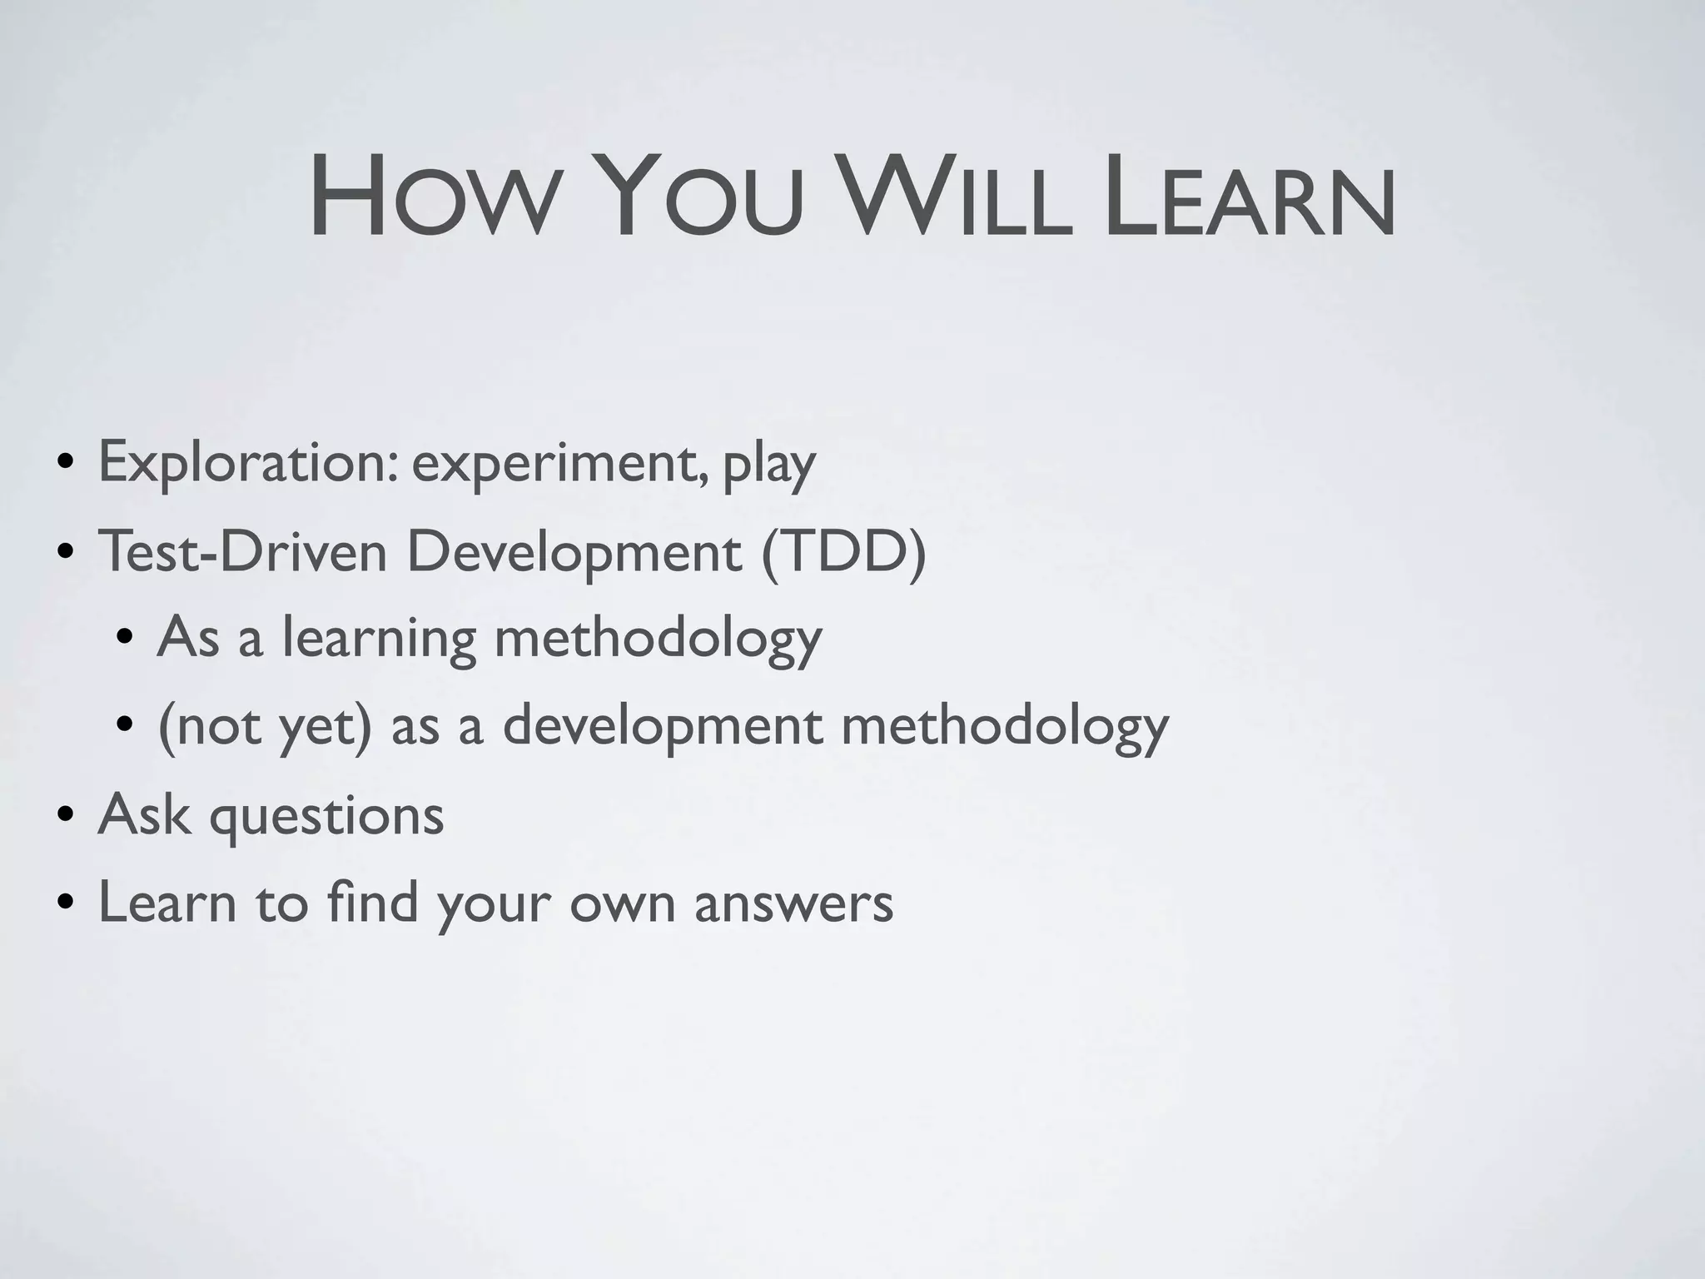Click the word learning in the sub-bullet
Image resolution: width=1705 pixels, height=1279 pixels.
pyautogui.click(x=379, y=639)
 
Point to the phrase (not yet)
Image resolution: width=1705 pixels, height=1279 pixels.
pyautogui.click(x=264, y=726)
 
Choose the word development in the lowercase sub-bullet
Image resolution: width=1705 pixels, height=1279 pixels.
pyautogui.click(x=663, y=726)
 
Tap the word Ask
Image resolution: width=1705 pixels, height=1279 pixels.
pyautogui.click(x=144, y=814)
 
